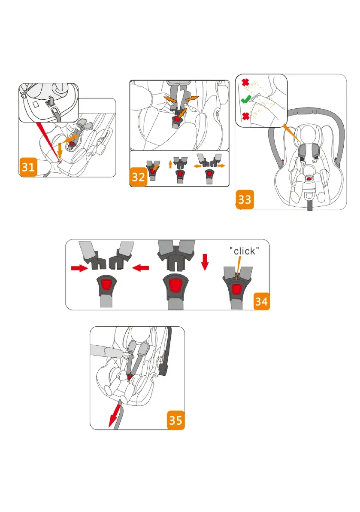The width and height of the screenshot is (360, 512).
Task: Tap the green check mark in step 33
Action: (245, 100)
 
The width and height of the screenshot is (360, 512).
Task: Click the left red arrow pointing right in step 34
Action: (79, 268)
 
